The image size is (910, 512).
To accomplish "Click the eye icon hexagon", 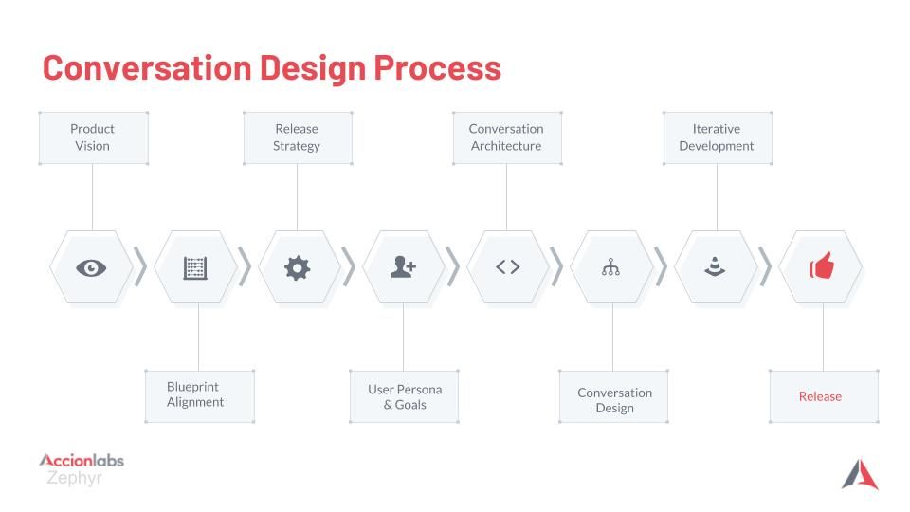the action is click(x=91, y=267).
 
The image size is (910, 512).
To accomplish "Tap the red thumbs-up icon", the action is click(x=822, y=265).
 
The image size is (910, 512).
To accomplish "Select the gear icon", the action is click(x=297, y=267).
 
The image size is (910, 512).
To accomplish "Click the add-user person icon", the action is click(x=404, y=267).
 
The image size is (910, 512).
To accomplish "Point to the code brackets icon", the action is click(x=508, y=266).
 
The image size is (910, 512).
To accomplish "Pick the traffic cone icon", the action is click(x=715, y=266).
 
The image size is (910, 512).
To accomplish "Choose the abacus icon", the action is click(x=195, y=268).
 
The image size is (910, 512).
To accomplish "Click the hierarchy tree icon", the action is click(x=610, y=267).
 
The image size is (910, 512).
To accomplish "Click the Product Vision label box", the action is click(x=93, y=137).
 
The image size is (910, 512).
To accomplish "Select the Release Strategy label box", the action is click(x=297, y=137).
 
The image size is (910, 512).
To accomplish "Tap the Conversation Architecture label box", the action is click(x=506, y=137).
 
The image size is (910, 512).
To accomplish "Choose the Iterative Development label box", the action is click(x=717, y=137).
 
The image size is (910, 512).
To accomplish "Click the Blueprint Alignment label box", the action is click(x=199, y=396).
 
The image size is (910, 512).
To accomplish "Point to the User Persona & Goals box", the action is click(x=404, y=396).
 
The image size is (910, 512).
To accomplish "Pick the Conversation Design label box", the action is click(x=613, y=396).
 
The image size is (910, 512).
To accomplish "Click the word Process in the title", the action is click(x=437, y=68).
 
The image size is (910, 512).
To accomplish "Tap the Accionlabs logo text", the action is click(x=82, y=461).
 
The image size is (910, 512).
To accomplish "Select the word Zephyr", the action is click(x=74, y=478).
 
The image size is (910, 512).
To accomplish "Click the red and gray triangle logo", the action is click(x=860, y=474).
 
